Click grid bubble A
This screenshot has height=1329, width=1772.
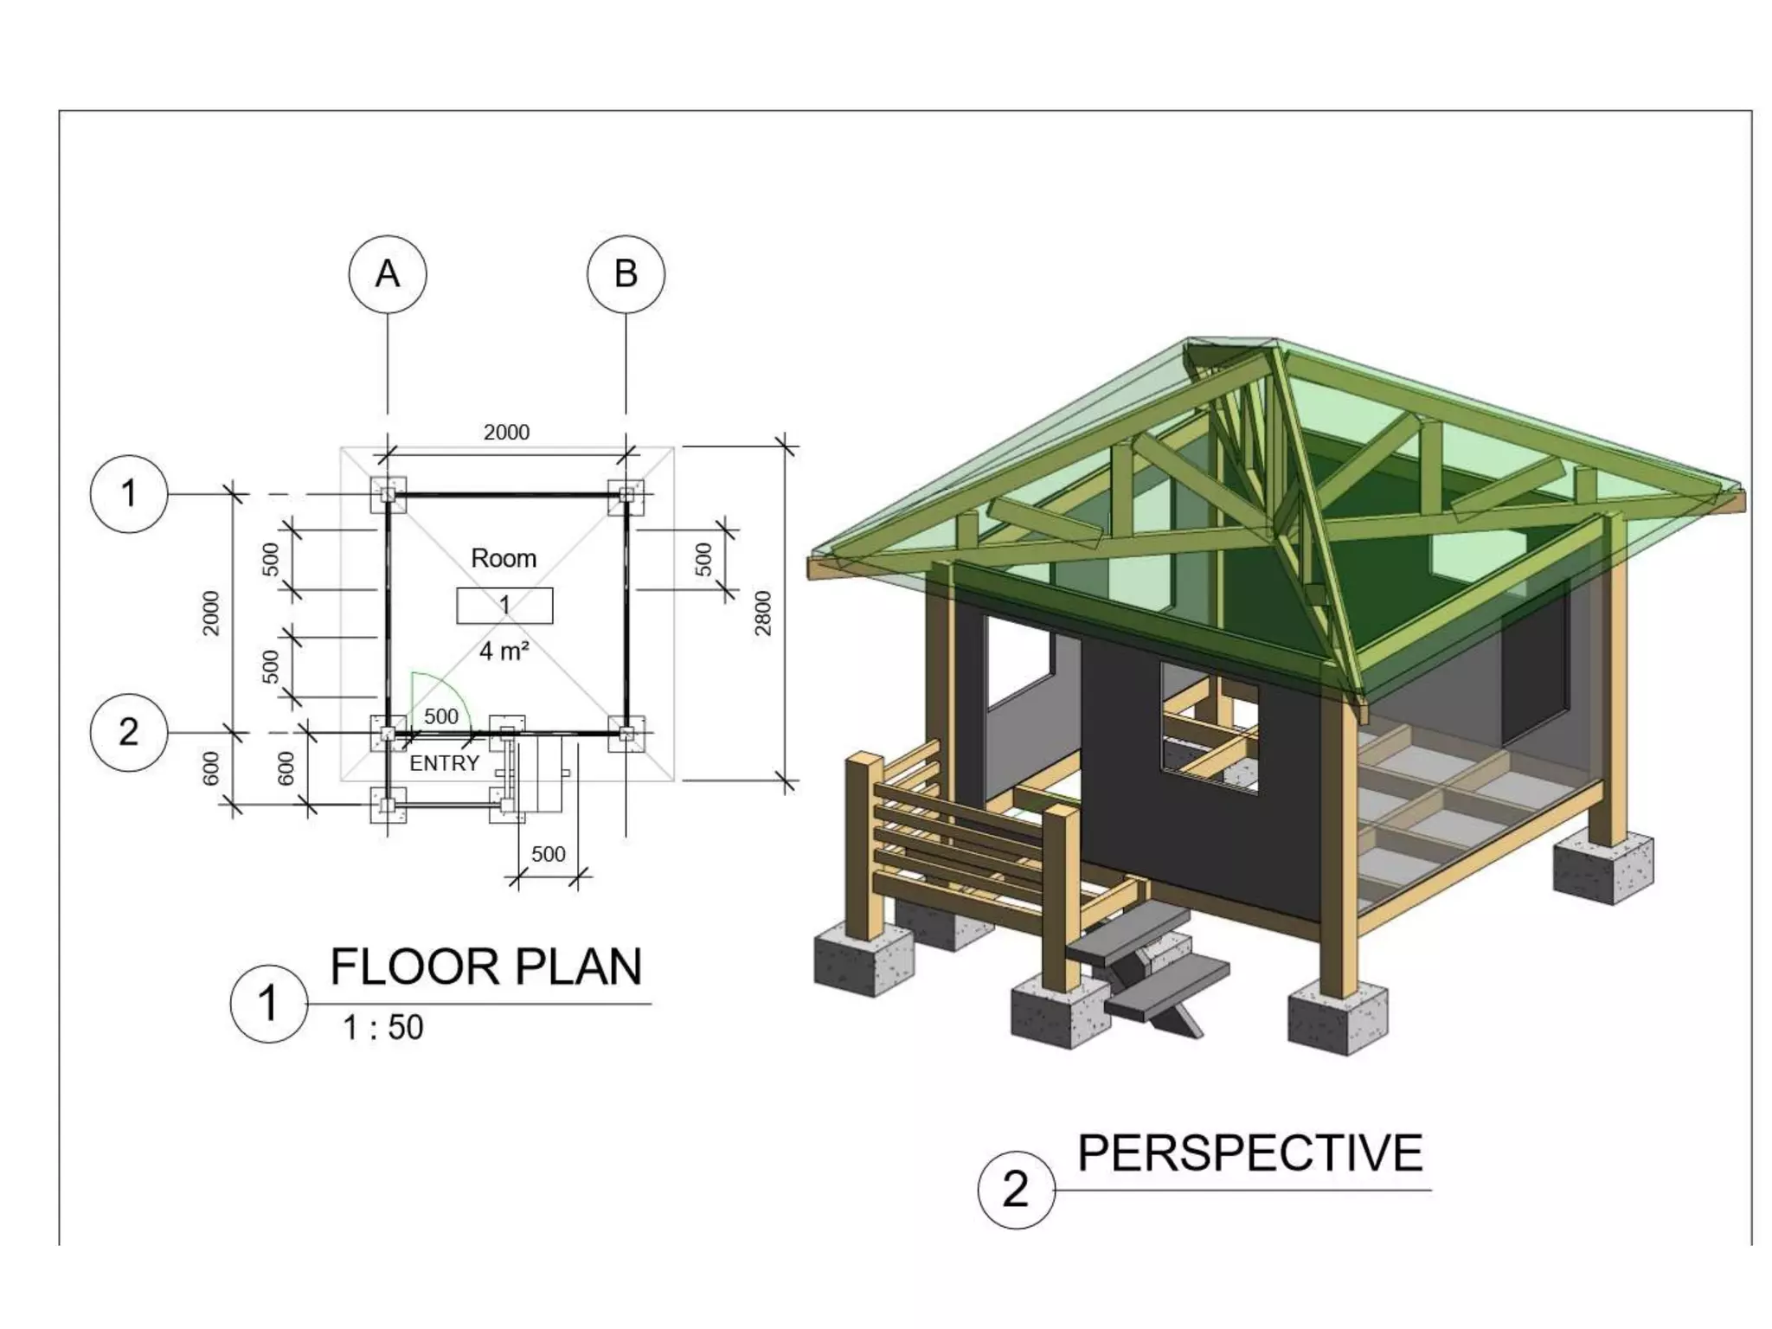click(x=387, y=273)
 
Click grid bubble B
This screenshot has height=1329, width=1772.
click(x=626, y=273)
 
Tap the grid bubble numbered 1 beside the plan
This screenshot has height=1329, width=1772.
click(x=128, y=494)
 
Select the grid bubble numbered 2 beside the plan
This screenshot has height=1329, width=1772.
click(x=128, y=732)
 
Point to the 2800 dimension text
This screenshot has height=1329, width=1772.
click(x=762, y=613)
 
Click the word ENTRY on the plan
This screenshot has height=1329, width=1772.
click(x=444, y=763)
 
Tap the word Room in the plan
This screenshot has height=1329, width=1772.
click(x=503, y=558)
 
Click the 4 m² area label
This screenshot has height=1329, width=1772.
click(x=504, y=651)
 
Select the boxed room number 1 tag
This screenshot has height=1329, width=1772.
click(x=504, y=605)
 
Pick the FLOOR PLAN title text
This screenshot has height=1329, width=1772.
click(x=485, y=966)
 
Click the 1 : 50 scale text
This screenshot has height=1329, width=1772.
click(x=382, y=1028)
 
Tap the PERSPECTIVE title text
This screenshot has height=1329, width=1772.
click(x=1249, y=1153)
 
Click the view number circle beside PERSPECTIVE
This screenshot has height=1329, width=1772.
click(x=1016, y=1190)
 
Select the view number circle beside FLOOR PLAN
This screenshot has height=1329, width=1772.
click(x=268, y=1004)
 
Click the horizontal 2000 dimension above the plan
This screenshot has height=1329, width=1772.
click(x=506, y=432)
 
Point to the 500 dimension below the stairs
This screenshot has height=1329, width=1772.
click(x=548, y=854)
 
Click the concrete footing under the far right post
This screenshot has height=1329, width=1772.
click(x=1602, y=867)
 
